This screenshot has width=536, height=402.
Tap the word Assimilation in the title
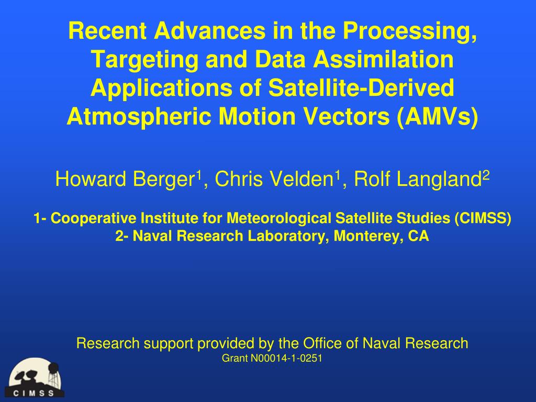click(384, 60)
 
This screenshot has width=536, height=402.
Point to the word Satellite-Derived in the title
click(361, 88)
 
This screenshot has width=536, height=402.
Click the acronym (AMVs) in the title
click(438, 117)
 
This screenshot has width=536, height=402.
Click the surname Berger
click(163, 180)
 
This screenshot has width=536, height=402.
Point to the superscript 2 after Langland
click(486, 175)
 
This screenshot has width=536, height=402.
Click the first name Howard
click(91, 179)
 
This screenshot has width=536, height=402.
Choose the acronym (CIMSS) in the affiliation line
click(483, 218)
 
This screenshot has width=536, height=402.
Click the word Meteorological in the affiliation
click(279, 219)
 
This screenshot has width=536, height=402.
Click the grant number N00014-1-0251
click(286, 358)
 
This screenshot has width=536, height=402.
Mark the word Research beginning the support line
click(108, 343)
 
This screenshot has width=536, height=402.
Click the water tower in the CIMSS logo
click(53, 375)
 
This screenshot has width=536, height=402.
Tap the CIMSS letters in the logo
click(33, 394)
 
